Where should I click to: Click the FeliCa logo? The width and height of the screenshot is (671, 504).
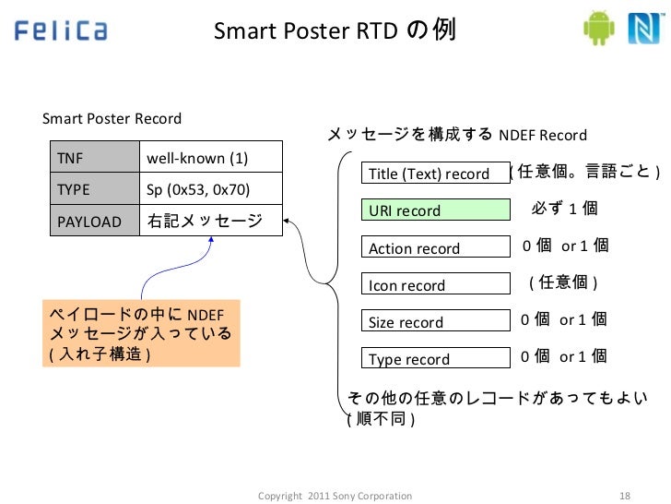[61, 32]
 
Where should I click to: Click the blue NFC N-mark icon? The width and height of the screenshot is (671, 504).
[642, 30]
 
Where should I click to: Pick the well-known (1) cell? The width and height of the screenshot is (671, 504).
[210, 159]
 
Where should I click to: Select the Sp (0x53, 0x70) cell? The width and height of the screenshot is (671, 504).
[210, 190]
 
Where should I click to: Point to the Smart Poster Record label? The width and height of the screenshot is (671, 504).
[112, 119]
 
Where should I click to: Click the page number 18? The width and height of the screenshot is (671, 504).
[624, 496]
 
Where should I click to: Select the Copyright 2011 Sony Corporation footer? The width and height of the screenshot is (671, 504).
[335, 496]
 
